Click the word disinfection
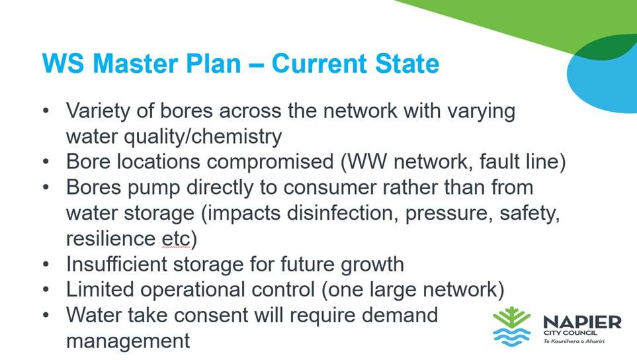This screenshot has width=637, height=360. point(342,213)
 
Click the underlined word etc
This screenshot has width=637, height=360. point(175,239)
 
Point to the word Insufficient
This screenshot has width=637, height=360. point(116,264)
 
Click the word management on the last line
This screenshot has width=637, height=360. point(128,341)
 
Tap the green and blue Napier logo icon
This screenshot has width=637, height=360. point(512,326)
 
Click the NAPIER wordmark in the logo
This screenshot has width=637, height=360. point(582,323)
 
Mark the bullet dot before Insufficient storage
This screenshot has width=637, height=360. point(46,265)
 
